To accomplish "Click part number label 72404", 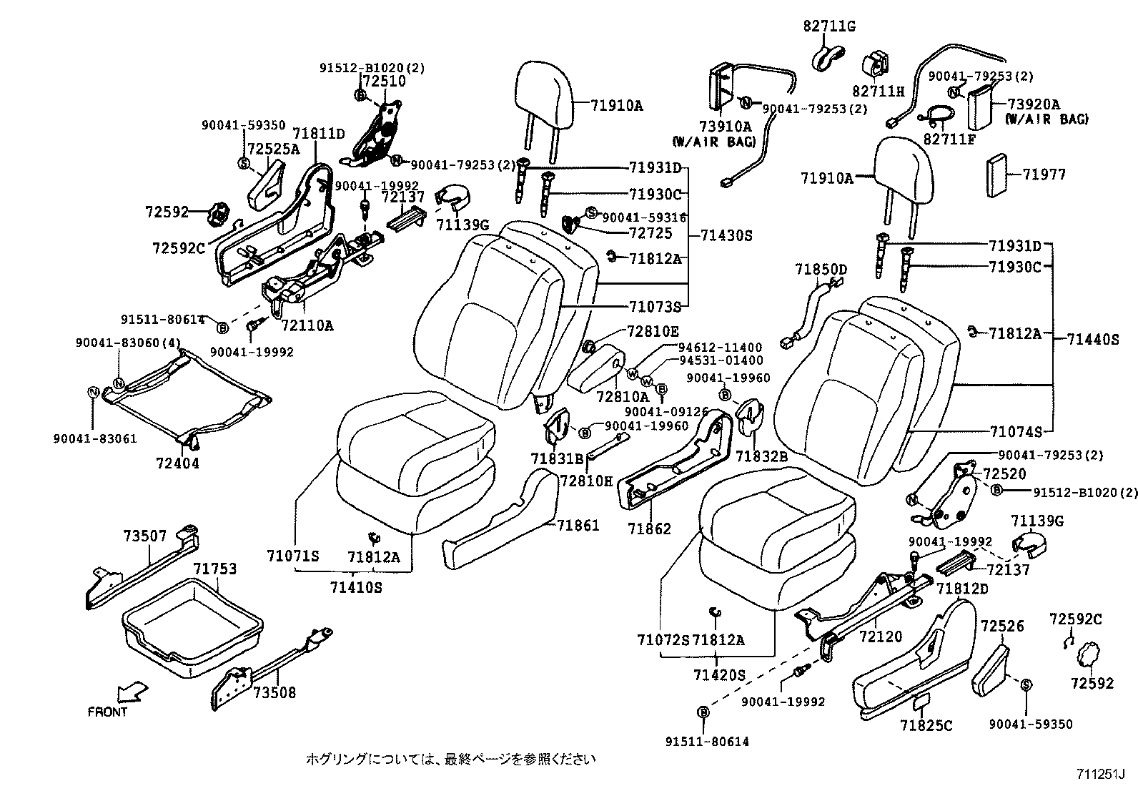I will pyautogui.click(x=177, y=463).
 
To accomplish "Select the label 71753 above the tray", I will pyautogui.click(x=214, y=569).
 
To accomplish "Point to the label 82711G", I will pyautogui.click(x=829, y=27).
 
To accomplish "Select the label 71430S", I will pyautogui.click(x=726, y=235).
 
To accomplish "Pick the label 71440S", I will pyautogui.click(x=1093, y=340).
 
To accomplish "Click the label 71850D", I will pyautogui.click(x=821, y=270).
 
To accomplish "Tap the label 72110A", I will pyautogui.click(x=307, y=326).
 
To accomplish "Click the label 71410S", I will pyautogui.click(x=356, y=588).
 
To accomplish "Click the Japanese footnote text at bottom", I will pyautogui.click(x=450, y=758).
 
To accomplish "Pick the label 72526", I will pyautogui.click(x=1002, y=627).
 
